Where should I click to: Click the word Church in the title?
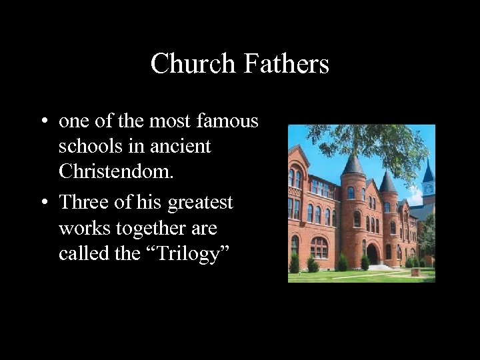[x=193, y=64]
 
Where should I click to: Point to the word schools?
[x=91, y=147]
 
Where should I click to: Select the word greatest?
[x=200, y=203]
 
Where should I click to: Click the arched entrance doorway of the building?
[x=372, y=253]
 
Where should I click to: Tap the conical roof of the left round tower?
[x=352, y=165]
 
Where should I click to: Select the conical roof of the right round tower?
[x=387, y=181]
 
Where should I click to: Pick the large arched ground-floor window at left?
[x=319, y=247]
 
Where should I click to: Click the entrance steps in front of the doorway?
[x=377, y=267]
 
